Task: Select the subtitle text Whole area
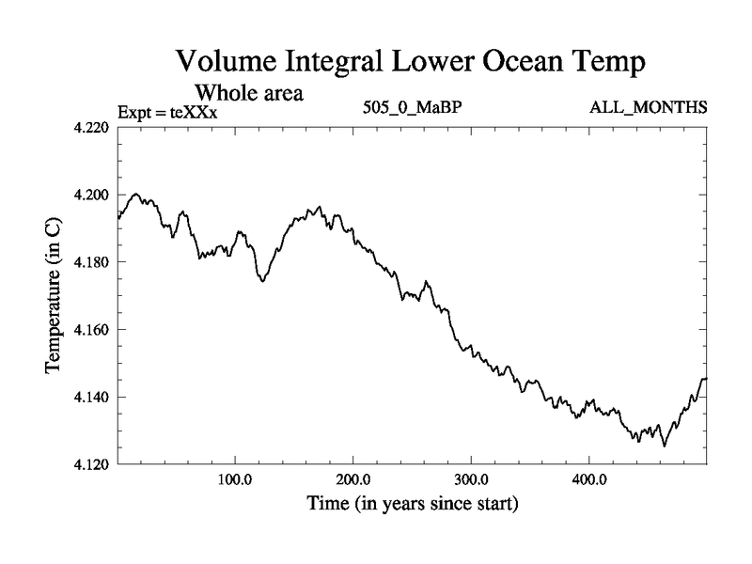(248, 94)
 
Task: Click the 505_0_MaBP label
(412, 107)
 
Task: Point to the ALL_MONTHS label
(648, 107)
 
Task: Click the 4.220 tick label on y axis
(94, 127)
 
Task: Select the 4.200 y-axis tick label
(94, 195)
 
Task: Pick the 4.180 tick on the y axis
(94, 262)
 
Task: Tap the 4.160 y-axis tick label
(94, 330)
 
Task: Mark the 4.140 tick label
(94, 398)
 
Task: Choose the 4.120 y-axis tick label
(94, 464)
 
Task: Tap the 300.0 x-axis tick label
(471, 479)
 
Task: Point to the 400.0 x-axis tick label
(589, 479)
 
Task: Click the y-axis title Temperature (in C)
(55, 295)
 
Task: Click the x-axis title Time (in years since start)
(413, 504)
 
